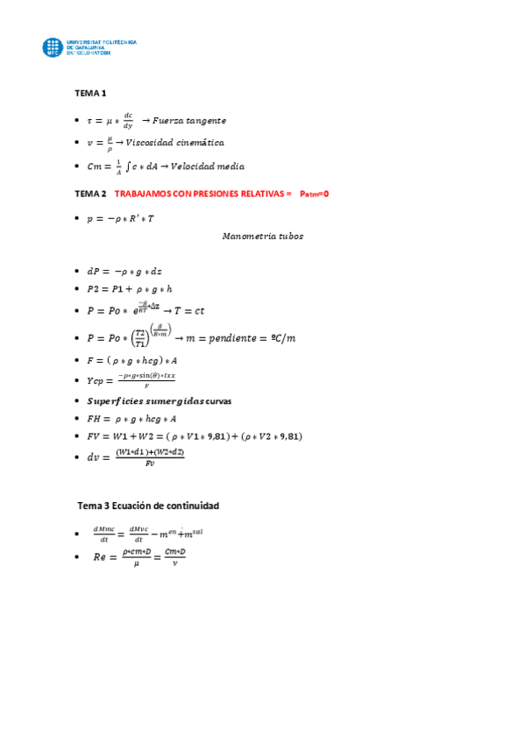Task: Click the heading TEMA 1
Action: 90,93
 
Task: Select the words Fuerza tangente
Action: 189,120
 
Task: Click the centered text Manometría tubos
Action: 263,236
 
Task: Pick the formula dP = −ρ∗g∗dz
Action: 124,271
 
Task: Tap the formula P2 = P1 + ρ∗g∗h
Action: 129,288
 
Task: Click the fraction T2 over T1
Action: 141,338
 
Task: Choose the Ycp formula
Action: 131,380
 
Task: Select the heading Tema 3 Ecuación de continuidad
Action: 148,506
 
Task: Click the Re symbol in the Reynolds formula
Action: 98,557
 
